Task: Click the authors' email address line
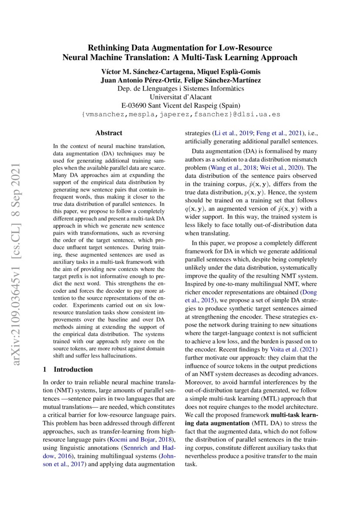click(x=180, y=115)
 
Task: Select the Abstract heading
click(x=109, y=133)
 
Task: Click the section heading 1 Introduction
click(x=67, y=369)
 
